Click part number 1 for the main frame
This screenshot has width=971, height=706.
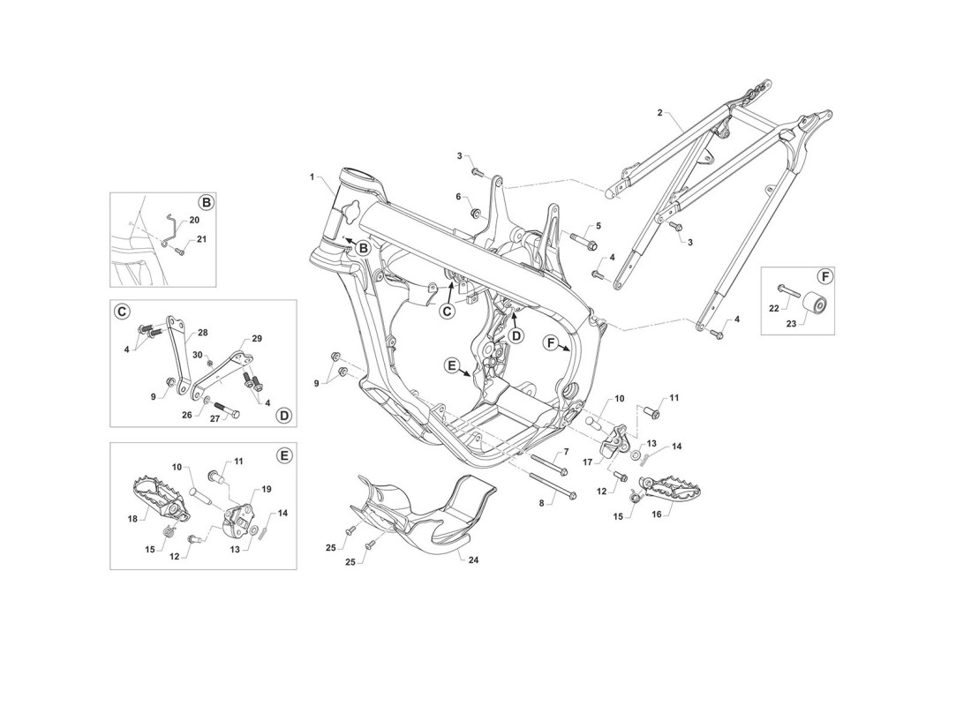coord(312,176)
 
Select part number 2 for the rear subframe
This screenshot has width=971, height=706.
coord(659,113)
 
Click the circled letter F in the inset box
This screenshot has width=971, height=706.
coord(823,276)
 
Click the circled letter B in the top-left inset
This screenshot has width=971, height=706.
coord(205,202)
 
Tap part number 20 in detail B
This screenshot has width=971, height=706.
coord(194,220)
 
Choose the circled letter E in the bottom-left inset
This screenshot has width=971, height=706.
coord(282,455)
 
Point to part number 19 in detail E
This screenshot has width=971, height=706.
coord(267,489)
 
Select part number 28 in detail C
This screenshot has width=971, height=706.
coord(202,333)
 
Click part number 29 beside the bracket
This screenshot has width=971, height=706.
coord(257,339)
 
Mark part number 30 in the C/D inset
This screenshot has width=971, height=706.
coord(198,355)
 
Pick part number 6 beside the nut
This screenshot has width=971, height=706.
coord(459,196)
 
